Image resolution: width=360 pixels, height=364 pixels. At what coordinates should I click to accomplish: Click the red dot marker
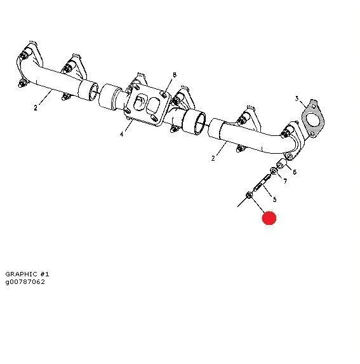click(x=269, y=218)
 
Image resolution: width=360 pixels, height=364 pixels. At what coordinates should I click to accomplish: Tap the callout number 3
click(x=297, y=98)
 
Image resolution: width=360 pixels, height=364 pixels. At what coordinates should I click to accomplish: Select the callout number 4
click(x=121, y=134)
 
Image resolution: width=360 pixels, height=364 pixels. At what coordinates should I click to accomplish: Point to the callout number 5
click(x=275, y=199)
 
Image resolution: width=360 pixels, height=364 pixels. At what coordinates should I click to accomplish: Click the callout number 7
click(x=285, y=181)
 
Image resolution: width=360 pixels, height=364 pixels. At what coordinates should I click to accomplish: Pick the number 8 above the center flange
click(x=175, y=75)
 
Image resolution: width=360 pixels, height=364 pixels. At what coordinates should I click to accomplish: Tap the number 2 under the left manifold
click(x=36, y=108)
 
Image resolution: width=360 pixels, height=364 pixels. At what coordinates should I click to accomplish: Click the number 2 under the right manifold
click(x=213, y=158)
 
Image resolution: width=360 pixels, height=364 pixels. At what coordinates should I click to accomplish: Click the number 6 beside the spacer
click(x=295, y=172)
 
